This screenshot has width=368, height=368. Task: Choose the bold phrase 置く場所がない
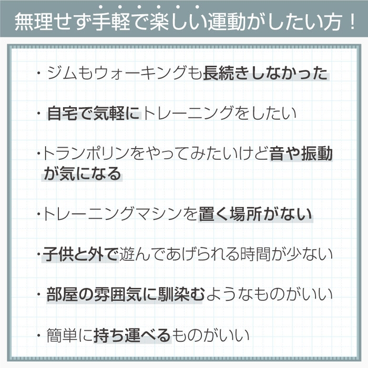(x=255, y=214)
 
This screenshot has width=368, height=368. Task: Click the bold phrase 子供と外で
(x=81, y=254)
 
